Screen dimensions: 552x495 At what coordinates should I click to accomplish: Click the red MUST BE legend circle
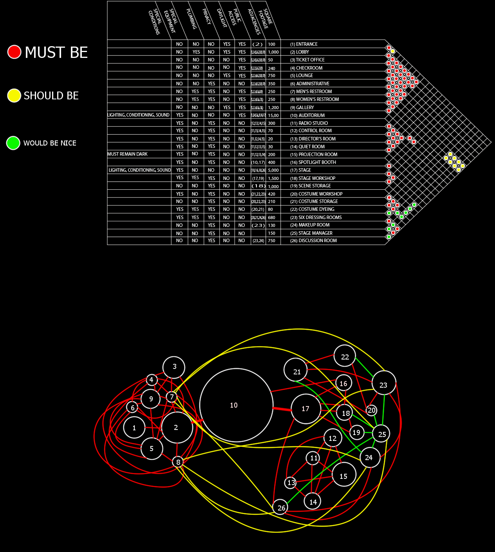[14, 52]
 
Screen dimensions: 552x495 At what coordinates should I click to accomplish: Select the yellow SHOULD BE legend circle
[14, 95]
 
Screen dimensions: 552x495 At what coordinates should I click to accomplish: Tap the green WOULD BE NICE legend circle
[13, 143]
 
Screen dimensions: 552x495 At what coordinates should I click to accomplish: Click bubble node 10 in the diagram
[236, 405]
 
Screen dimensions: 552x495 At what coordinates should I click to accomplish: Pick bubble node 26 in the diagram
[280, 507]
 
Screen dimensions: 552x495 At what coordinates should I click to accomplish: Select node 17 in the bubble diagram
[306, 409]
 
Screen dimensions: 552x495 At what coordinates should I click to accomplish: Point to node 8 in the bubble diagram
[178, 462]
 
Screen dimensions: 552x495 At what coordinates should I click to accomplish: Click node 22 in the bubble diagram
[345, 356]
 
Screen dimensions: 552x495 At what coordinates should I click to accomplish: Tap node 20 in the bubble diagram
[371, 410]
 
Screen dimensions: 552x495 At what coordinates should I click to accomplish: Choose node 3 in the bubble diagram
[174, 367]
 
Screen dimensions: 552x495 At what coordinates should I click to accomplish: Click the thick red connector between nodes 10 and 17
[282, 409]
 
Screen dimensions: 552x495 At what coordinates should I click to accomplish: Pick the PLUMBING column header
[191, 20]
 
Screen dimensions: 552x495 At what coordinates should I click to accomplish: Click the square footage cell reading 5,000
[273, 170]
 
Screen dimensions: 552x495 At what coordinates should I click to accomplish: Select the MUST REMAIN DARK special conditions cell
[128, 154]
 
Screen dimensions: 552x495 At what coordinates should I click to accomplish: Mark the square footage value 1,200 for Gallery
[273, 108]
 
